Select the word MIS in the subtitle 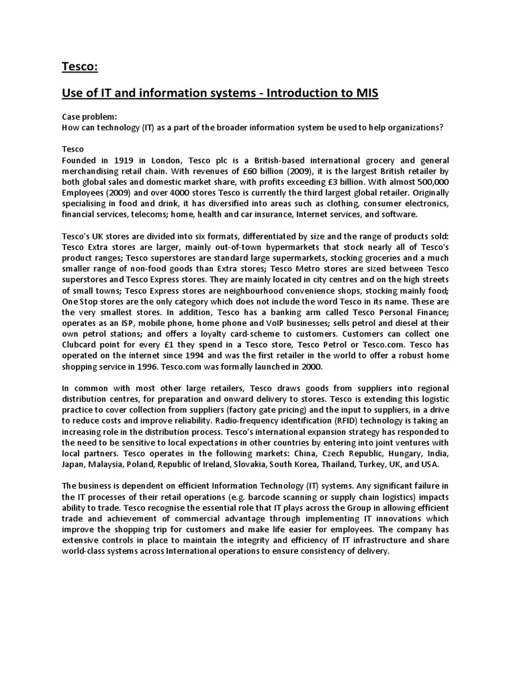(365, 93)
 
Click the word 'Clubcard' (85, 346)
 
